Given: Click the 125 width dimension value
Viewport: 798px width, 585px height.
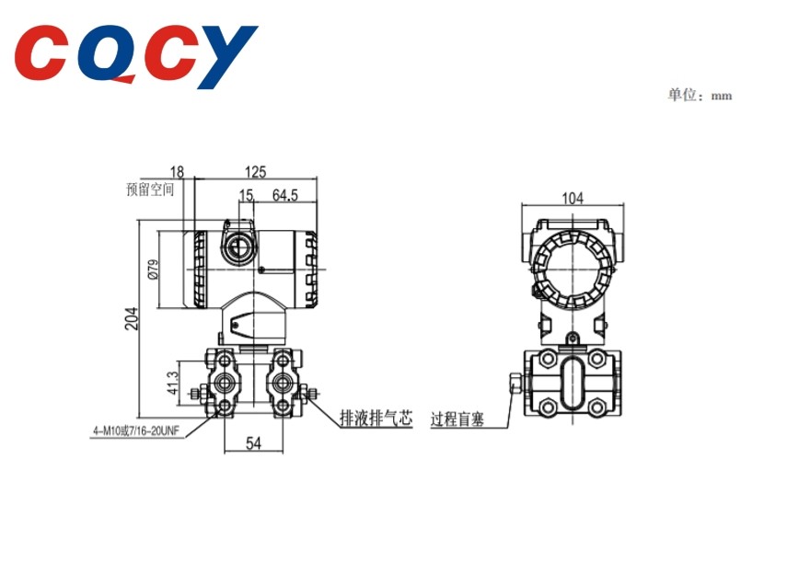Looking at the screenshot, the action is point(255,171).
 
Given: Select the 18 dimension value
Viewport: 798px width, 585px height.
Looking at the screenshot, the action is point(177,172).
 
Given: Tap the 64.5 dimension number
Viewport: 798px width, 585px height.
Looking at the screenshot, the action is point(285,195).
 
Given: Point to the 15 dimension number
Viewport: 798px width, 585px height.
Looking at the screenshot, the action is point(246,195).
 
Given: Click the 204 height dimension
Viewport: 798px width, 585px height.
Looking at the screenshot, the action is point(132,318).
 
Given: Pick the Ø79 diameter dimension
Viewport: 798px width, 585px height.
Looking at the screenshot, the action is point(153,269).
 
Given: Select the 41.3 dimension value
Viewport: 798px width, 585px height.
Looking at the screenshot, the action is point(173,383).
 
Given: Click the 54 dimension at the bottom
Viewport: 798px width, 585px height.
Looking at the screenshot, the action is point(253,443).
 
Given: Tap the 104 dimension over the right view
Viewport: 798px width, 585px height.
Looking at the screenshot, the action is point(572,198).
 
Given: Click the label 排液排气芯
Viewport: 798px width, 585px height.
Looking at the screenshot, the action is point(376,419).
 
